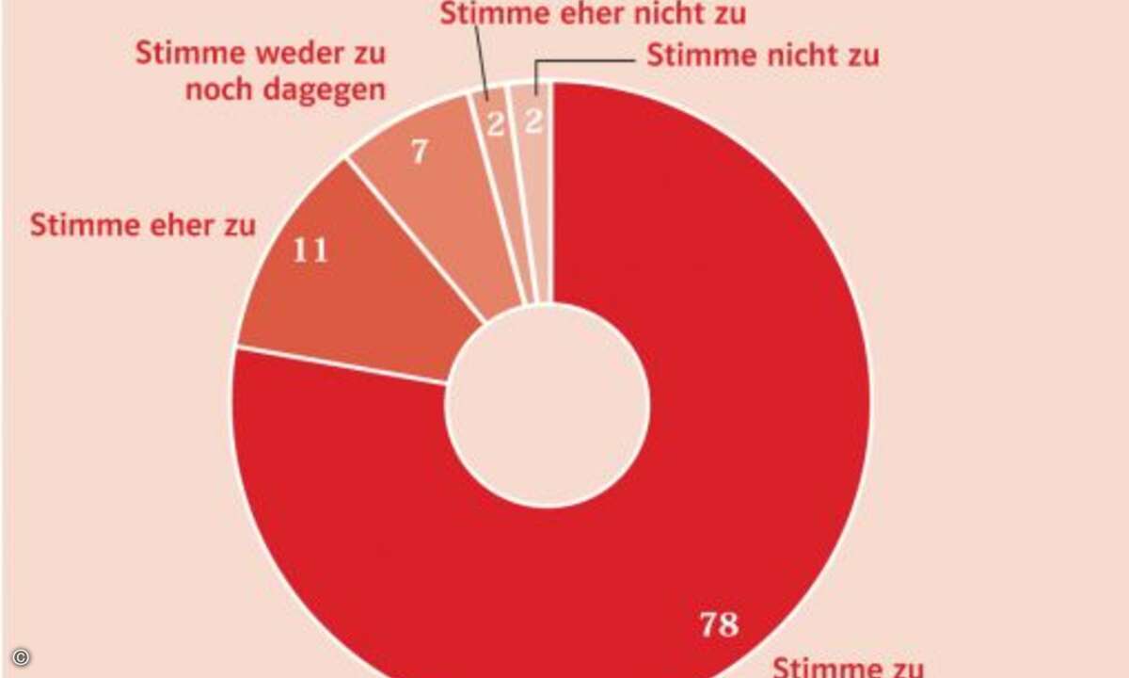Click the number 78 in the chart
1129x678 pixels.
point(719,624)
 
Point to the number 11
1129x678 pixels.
point(310,252)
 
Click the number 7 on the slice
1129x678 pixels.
point(421,153)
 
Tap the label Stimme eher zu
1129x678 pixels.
point(143,226)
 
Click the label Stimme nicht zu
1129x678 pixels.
point(763,55)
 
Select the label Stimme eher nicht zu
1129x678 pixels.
point(593,14)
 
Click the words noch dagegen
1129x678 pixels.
point(285,90)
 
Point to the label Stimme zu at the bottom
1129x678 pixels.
point(847,668)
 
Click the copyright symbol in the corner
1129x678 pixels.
point(21,656)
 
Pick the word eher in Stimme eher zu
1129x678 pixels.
point(175,226)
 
